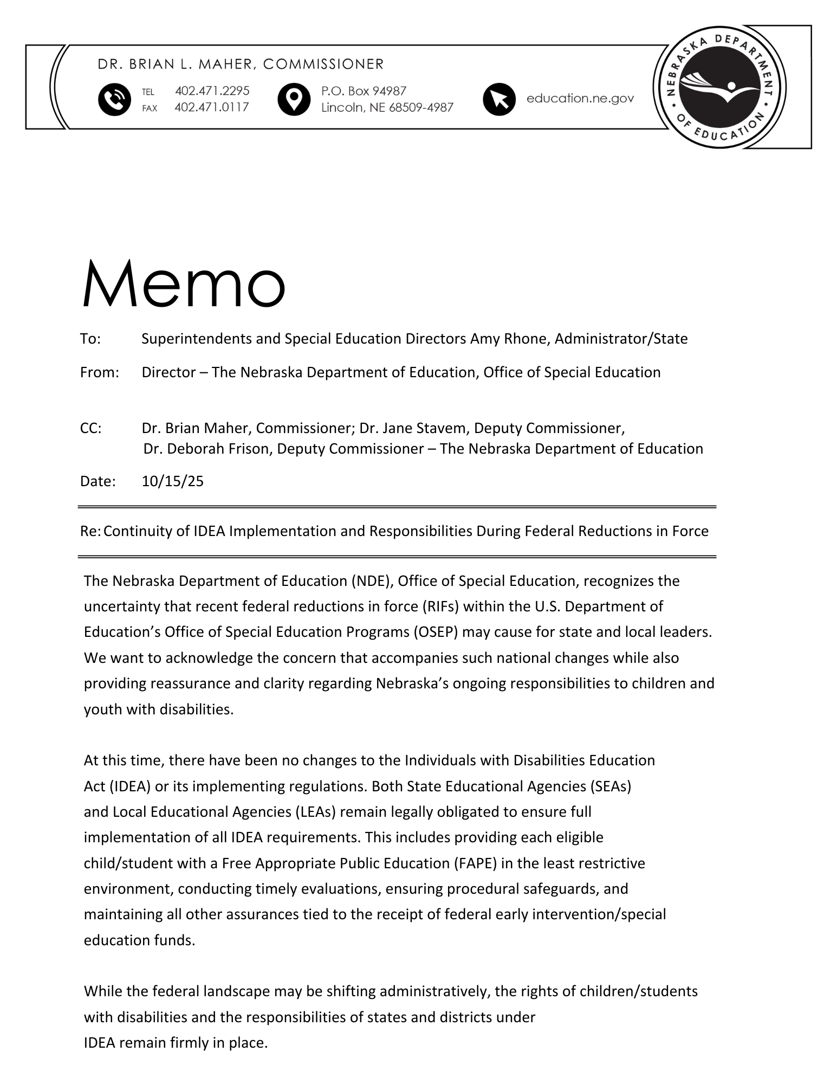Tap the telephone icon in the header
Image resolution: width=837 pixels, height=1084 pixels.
tap(114, 100)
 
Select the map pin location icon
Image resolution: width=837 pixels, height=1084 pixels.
tap(293, 100)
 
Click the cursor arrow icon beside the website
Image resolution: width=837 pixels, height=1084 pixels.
tap(498, 99)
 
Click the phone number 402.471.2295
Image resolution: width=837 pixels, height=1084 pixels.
tap(212, 91)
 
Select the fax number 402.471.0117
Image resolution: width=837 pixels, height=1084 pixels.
tap(212, 107)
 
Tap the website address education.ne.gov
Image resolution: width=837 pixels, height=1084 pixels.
tap(580, 98)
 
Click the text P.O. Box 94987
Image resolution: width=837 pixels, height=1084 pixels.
tap(364, 91)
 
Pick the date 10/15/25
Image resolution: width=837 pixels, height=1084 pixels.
tap(172, 481)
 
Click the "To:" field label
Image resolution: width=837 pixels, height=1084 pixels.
tap(90, 339)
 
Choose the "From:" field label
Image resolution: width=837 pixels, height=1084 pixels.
tap(99, 372)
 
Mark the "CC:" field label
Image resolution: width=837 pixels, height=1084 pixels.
tap(90, 428)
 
